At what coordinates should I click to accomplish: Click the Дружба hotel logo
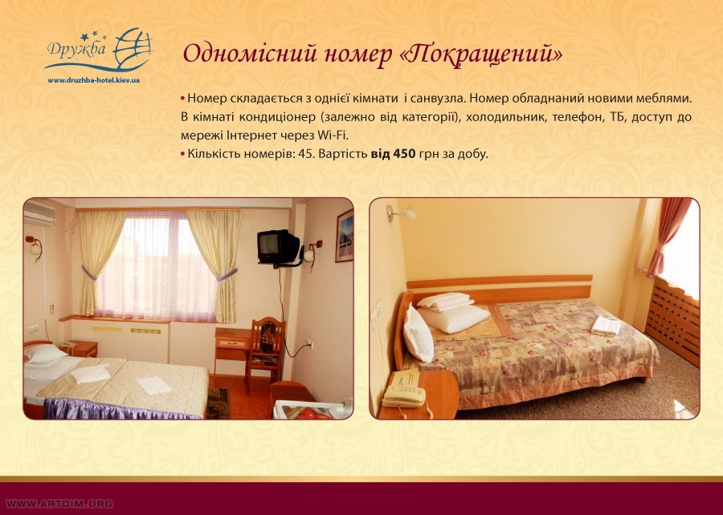coord(99,50)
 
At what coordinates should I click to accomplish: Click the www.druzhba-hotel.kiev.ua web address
coord(94,80)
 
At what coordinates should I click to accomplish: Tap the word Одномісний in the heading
coord(251,53)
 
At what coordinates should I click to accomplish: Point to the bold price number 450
coord(404,154)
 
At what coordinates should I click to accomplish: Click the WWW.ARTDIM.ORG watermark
coord(59,504)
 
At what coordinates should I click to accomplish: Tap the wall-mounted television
coord(278,249)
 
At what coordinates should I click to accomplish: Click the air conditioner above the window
coord(39,213)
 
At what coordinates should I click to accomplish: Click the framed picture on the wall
coord(344,236)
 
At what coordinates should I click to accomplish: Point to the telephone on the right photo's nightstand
coord(403,392)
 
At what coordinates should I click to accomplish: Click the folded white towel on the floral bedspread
coord(606,326)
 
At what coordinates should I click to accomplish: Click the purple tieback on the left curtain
coord(88,274)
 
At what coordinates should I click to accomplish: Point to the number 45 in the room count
coord(305,154)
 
